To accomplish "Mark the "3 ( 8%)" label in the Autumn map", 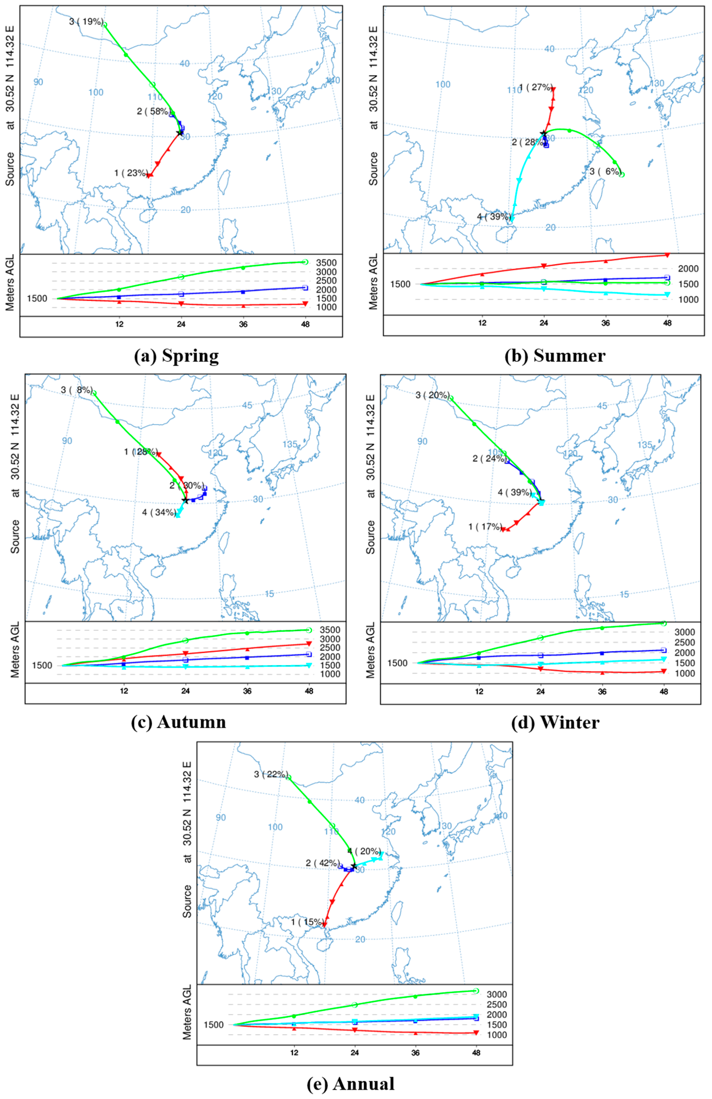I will pos(77,390).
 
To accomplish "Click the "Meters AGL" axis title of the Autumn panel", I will pos(15,650).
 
